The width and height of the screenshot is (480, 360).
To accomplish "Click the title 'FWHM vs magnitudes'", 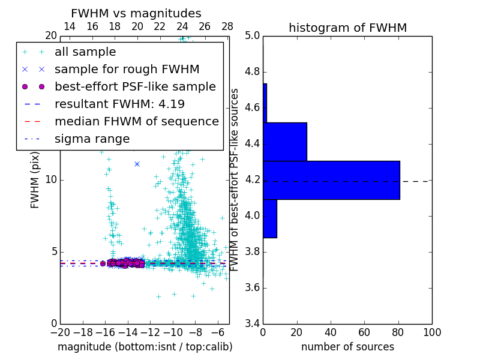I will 136,14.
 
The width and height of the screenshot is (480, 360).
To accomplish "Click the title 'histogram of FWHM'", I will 347,28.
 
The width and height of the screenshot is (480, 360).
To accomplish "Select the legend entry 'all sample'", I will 85,52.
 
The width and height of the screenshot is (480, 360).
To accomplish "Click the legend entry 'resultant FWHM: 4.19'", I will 119,104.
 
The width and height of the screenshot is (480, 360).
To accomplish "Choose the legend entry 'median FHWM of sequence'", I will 136,122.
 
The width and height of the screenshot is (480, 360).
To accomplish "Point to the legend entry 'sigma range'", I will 92,139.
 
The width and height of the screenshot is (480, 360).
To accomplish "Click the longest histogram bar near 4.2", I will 331,180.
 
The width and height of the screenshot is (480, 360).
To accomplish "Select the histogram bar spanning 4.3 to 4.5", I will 285,142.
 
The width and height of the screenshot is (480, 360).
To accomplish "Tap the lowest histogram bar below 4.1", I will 270,218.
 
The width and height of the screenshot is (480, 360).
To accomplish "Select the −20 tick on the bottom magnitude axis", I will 60,332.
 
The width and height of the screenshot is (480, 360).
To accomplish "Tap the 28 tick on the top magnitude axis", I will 227,26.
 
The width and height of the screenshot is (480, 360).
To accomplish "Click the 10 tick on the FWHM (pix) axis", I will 51,179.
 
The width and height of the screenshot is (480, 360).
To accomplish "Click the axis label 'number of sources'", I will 347,347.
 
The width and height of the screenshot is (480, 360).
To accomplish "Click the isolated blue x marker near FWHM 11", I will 137,164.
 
